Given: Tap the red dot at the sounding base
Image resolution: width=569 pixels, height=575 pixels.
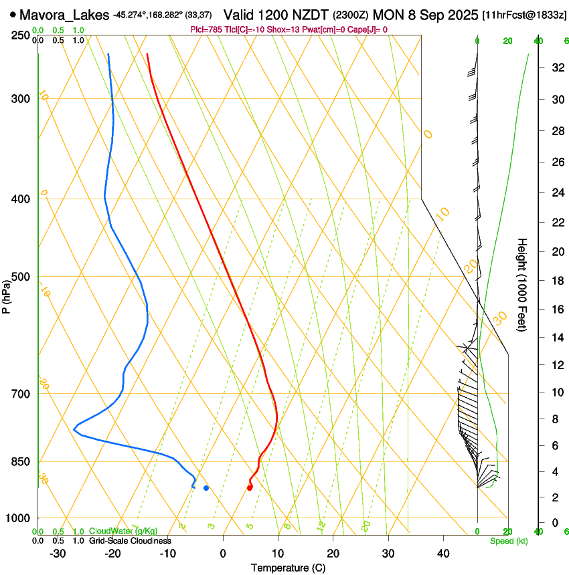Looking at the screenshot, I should (x=250, y=487).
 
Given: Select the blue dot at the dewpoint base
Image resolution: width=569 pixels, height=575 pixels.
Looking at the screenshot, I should (x=206, y=488).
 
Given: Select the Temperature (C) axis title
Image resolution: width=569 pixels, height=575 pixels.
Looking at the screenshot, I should (x=288, y=568).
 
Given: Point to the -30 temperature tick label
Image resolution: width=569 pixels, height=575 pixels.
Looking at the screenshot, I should (x=58, y=554).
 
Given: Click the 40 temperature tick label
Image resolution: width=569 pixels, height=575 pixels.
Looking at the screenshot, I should (x=442, y=554).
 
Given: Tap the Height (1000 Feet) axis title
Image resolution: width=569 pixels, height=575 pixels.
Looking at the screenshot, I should (x=523, y=284).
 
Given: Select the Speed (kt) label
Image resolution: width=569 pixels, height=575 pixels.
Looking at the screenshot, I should (x=508, y=541).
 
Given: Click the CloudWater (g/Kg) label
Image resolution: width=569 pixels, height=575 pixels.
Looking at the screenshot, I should (x=125, y=532).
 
